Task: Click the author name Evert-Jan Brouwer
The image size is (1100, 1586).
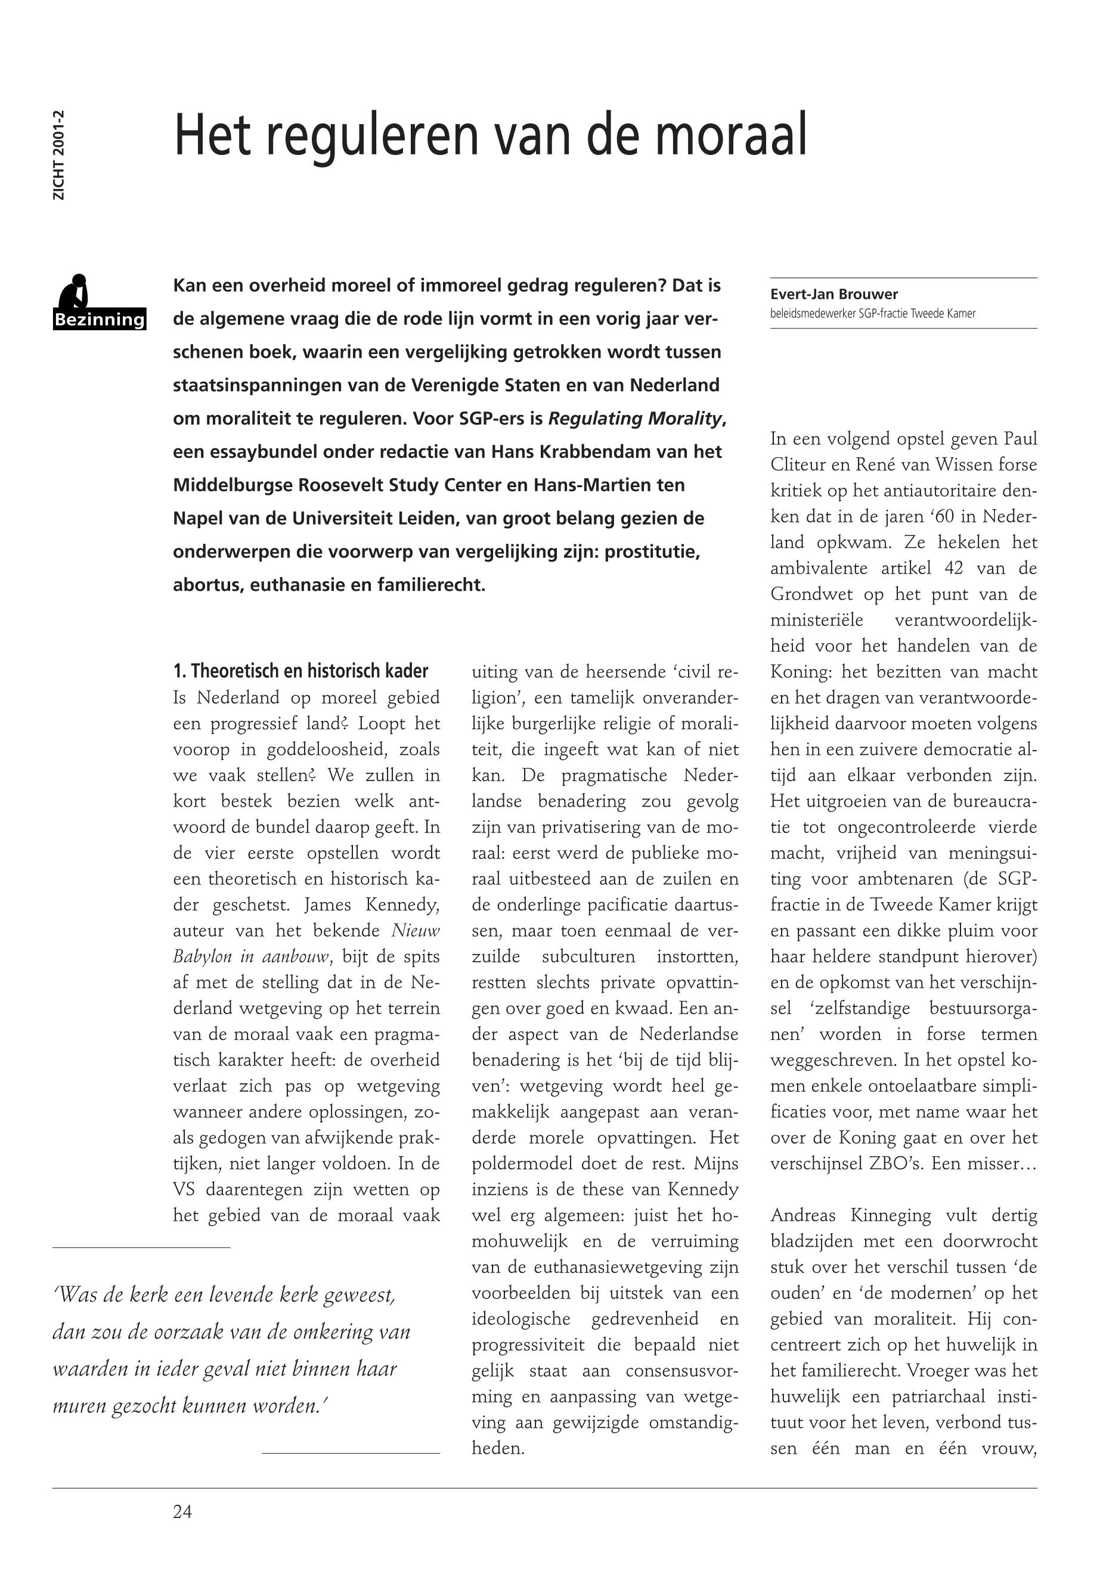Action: click(834, 295)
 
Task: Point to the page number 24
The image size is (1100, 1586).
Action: click(182, 1511)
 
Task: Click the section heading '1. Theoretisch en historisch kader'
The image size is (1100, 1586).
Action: click(300, 671)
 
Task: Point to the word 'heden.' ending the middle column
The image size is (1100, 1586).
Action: click(498, 1448)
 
